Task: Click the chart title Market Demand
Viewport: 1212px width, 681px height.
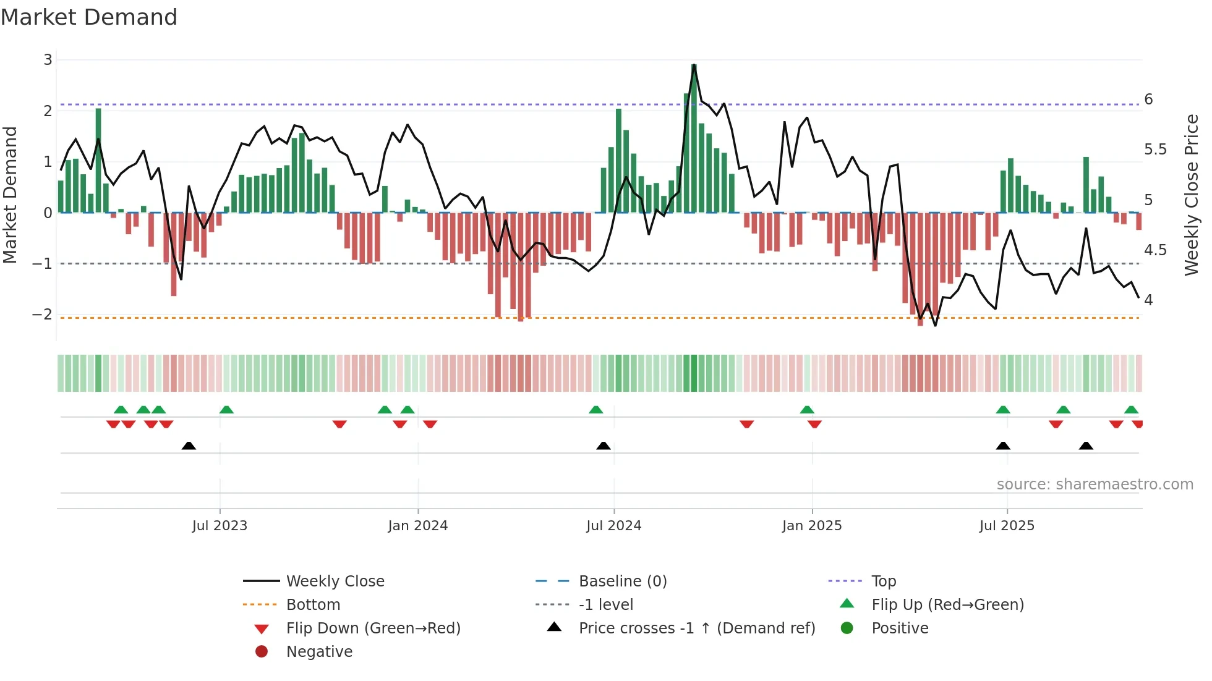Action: [x=89, y=17]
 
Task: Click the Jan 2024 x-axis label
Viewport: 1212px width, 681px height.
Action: [x=417, y=526]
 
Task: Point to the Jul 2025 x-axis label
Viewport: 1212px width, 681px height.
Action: [x=1006, y=526]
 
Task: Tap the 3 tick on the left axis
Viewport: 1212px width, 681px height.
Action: [x=48, y=60]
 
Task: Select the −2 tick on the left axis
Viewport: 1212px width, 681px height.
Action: [x=43, y=315]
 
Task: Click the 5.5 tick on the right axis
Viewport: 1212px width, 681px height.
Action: [x=1155, y=150]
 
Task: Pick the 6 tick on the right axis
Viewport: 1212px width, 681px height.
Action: [x=1148, y=99]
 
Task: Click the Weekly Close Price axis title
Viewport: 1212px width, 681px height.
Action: [x=1191, y=195]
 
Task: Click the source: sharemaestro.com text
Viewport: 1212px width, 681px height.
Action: [x=1095, y=484]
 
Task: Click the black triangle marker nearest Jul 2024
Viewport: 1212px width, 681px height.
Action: [x=603, y=446]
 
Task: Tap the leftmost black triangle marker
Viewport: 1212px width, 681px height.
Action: [x=189, y=446]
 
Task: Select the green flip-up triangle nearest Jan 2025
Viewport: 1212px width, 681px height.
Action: [x=806, y=410]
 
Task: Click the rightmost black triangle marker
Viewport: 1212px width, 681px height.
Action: [x=1086, y=446]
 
